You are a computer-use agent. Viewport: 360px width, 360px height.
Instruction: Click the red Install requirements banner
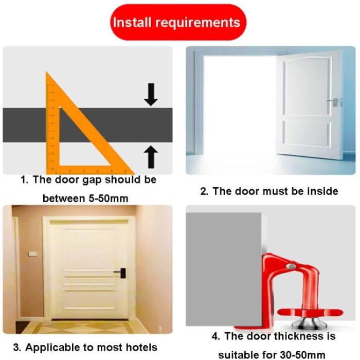click(x=178, y=22)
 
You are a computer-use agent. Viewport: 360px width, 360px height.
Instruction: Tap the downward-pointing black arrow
click(x=151, y=94)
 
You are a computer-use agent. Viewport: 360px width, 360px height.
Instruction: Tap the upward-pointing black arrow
click(x=151, y=157)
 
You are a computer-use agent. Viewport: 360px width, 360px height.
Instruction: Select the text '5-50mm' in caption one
click(x=109, y=199)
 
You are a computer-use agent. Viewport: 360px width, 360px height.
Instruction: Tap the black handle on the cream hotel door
click(x=121, y=273)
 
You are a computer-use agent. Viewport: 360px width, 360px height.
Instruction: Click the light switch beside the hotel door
click(x=32, y=254)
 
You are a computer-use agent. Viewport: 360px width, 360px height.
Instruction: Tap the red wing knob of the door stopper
click(x=310, y=313)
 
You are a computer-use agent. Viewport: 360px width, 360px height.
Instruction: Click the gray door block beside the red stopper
click(x=223, y=269)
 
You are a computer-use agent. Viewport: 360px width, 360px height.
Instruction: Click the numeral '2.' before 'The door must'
click(x=204, y=191)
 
